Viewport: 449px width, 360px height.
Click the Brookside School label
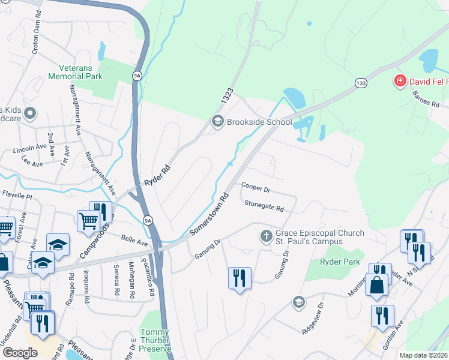coord(259,122)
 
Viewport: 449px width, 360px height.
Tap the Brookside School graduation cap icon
coord(217,122)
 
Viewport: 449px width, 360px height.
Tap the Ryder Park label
coord(339,262)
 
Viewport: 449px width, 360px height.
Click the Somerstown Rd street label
coord(210,214)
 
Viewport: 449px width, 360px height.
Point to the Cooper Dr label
coord(256,188)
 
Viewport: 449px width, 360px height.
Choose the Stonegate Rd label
coord(264,205)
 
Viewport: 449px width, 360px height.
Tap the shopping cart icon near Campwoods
coord(88,221)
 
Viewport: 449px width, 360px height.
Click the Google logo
coord(19,353)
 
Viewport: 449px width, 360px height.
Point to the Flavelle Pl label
coord(16,195)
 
